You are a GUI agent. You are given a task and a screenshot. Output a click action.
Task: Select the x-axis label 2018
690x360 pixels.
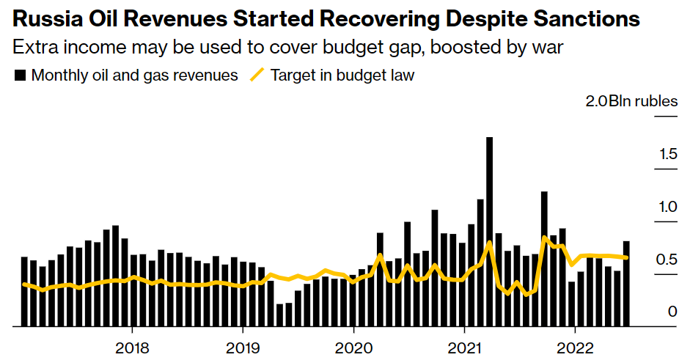[133, 346]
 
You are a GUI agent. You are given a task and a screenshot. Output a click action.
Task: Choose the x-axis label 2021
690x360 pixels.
[465, 346]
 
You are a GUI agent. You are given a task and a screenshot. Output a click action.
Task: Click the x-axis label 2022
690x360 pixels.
[576, 346]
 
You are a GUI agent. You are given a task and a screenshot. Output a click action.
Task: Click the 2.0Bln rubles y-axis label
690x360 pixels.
[631, 102]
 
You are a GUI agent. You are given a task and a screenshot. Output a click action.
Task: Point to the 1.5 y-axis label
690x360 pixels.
[667, 155]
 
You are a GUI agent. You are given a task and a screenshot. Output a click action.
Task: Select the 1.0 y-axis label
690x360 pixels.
[667, 207]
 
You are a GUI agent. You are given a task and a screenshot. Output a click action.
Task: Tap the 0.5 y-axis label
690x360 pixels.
[667, 260]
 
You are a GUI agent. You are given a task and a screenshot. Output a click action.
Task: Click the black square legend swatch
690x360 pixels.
[21, 76]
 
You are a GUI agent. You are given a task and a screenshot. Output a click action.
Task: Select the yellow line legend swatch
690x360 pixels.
[257, 76]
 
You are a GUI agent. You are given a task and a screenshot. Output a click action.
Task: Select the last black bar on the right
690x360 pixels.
[626, 283]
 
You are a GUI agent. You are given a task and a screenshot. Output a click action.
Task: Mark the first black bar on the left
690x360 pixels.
[24, 291]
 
